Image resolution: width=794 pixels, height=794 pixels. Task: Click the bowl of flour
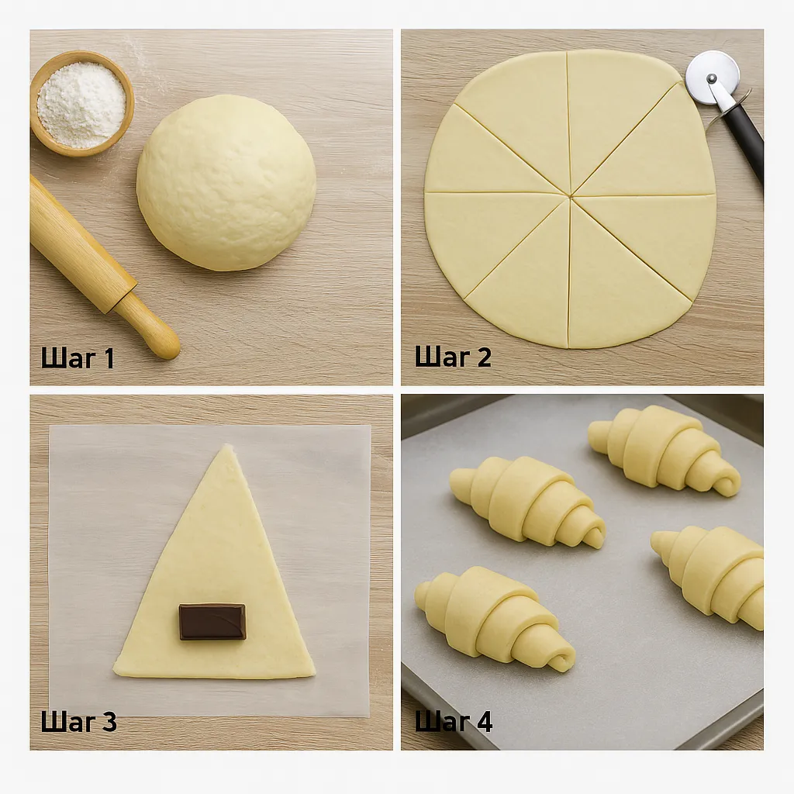coord(82,103)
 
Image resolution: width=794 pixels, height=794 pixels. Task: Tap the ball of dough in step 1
coord(226,183)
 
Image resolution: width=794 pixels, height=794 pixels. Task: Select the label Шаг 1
coord(78,358)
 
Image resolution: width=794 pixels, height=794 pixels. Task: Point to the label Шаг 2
coord(453,357)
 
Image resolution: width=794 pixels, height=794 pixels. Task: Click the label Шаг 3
coord(78,721)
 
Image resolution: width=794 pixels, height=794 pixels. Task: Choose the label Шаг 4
coord(453,720)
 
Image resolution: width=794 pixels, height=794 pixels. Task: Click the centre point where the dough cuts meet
coord(570,195)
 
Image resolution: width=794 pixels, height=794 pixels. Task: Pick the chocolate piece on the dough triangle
coord(212,621)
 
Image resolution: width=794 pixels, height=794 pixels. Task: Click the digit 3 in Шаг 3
coord(108,722)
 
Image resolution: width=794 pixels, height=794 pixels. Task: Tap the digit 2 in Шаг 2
coord(482,357)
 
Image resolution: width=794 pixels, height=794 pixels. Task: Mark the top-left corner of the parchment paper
coord(50,426)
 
